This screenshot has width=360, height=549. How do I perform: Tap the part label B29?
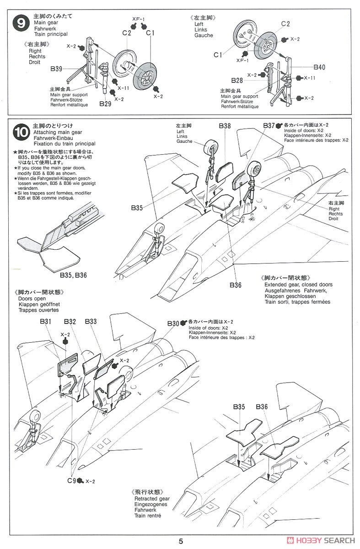click(x=105, y=104)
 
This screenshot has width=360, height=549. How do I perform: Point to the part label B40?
click(x=319, y=67)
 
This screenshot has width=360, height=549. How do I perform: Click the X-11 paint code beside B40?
click(x=310, y=78)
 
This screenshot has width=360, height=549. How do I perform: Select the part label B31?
click(x=45, y=322)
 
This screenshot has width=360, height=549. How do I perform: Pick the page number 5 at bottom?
click(x=181, y=541)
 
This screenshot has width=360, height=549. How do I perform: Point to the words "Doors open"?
click(x=29, y=299)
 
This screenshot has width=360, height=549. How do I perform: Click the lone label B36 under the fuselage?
click(x=236, y=285)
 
